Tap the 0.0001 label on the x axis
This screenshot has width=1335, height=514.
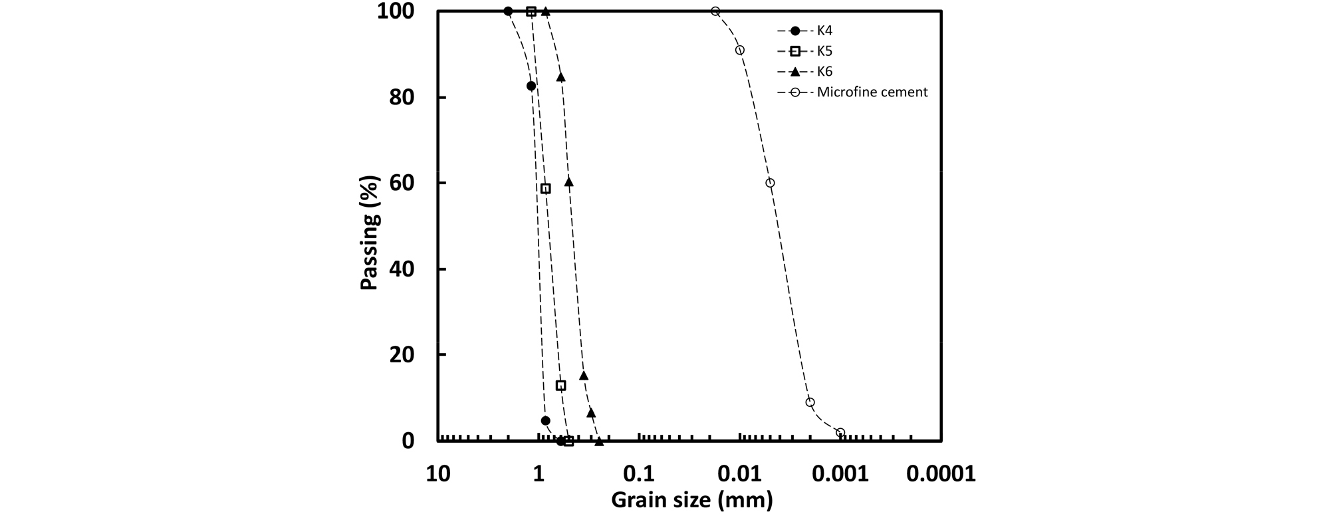coord(941,474)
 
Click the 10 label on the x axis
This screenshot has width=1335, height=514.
coord(437,474)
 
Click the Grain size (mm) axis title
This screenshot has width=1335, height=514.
coord(691,499)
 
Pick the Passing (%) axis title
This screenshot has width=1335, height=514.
coord(370,233)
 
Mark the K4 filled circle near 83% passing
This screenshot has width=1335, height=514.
coord(531,86)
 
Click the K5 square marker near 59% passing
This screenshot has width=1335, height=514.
coord(546,189)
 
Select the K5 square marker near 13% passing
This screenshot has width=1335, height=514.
coord(561,386)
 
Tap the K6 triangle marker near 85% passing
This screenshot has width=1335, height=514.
coord(561,77)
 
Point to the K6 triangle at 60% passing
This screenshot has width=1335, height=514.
coord(569,182)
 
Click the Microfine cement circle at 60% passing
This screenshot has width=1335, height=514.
coord(770,183)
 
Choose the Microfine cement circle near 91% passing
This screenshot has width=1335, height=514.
coord(740,50)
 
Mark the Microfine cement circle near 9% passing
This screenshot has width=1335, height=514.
coord(810,402)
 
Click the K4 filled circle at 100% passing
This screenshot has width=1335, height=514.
coord(509,11)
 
